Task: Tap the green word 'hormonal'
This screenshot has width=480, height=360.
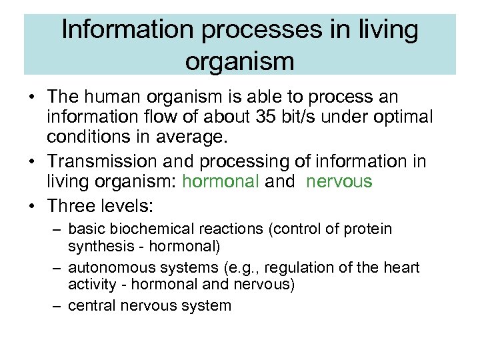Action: coord(220,181)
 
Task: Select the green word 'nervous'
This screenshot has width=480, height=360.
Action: coord(339,181)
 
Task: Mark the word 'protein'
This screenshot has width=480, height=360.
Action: coord(369,229)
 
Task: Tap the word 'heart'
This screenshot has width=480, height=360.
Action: coord(402,268)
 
